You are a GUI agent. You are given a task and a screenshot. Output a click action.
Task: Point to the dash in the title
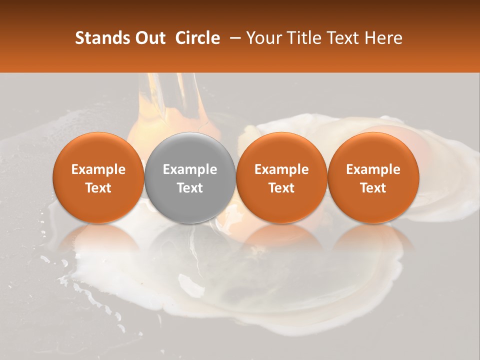click(x=233, y=38)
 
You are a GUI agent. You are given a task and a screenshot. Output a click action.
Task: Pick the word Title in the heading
click(x=303, y=38)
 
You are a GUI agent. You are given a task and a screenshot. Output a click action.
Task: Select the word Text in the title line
click(x=342, y=38)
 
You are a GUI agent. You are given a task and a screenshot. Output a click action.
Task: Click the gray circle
click(x=190, y=177)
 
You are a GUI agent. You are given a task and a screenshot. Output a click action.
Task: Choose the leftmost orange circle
click(x=98, y=177)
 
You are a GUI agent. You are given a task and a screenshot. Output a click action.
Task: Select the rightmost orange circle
click(x=373, y=177)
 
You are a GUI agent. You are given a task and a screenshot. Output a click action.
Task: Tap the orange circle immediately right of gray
click(x=281, y=177)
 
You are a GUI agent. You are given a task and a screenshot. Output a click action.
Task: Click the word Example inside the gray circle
click(x=190, y=169)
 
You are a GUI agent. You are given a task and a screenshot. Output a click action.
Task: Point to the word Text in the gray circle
click(x=190, y=187)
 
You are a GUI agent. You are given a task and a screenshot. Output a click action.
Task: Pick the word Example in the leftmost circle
click(x=98, y=169)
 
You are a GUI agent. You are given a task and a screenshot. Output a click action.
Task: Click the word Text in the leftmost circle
click(x=98, y=187)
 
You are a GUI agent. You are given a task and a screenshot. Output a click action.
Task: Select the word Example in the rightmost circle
click(x=373, y=169)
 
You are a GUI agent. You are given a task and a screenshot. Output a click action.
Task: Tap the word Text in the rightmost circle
click(x=373, y=187)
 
